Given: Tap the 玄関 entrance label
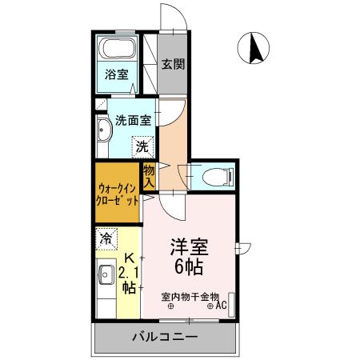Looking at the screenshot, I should click(x=174, y=65).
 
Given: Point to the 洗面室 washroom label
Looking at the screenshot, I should click(x=133, y=122).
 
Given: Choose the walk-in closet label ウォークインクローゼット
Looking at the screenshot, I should click(x=116, y=194).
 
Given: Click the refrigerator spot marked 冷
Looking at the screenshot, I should click(x=106, y=238).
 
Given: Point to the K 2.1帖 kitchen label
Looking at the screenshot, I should click(x=128, y=275).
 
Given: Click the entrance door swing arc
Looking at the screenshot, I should click(x=171, y=16).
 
